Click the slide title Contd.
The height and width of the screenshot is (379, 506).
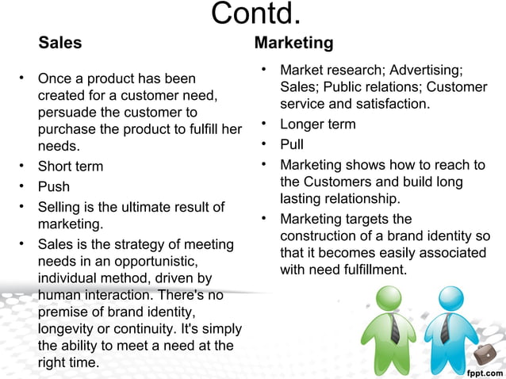(x=256, y=13)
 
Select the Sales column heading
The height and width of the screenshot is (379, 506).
(x=60, y=42)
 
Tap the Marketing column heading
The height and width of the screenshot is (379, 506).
(x=293, y=42)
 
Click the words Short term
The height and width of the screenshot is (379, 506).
(x=71, y=167)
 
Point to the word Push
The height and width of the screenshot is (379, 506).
(x=54, y=187)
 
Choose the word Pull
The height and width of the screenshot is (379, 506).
(x=292, y=145)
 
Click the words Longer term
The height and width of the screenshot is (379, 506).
(x=318, y=124)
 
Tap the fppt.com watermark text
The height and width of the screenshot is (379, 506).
(x=484, y=371)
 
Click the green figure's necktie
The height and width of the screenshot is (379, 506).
(x=394, y=328)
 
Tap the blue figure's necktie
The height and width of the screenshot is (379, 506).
(x=450, y=328)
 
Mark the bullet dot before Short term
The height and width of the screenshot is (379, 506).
(x=24, y=167)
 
